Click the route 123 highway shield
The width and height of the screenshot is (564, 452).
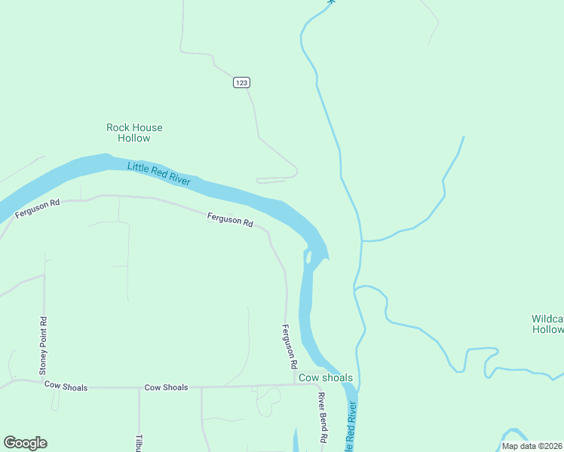click(241, 83)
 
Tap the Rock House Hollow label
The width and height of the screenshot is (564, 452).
click(134, 133)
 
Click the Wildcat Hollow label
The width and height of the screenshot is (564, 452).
click(548, 324)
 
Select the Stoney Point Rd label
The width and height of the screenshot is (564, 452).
click(44, 345)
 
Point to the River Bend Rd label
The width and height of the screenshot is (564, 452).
click(323, 417)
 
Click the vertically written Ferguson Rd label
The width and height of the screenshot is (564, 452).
click(289, 346)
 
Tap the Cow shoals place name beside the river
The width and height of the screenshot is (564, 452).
click(326, 377)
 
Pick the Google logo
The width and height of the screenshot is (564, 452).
click(25, 443)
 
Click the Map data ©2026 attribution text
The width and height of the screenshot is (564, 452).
click(532, 446)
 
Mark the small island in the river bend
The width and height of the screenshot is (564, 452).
click(308, 257)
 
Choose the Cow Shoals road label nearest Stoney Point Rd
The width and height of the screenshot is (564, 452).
click(66, 386)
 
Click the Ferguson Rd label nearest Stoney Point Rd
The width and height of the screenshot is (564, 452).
click(37, 209)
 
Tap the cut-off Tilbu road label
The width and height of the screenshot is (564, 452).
click(139, 443)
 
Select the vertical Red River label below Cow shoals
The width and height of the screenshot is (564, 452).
click(351, 426)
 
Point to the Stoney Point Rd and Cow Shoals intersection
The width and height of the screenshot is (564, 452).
click(44, 383)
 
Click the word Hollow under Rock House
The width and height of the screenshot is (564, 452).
click(134, 138)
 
